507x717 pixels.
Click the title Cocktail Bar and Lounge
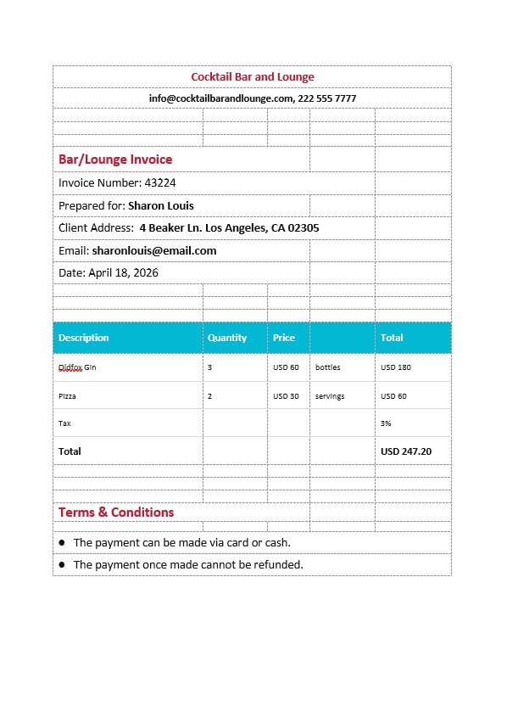(253, 77)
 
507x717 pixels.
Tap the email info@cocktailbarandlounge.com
(220, 98)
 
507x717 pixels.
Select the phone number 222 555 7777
(327, 98)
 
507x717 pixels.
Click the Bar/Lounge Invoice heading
(115, 160)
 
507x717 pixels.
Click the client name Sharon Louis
(161, 205)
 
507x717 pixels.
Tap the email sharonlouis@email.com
(154, 250)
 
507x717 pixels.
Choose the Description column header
(84, 338)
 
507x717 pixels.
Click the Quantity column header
(227, 338)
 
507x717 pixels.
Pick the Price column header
(284, 338)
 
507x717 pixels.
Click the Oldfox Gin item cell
(77, 367)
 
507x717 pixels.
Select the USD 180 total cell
(396, 367)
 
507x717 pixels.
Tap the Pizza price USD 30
(286, 396)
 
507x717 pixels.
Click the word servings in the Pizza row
(330, 396)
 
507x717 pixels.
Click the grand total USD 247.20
(406, 451)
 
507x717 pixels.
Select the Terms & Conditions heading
(116, 513)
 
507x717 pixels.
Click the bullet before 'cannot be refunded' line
(62, 564)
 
